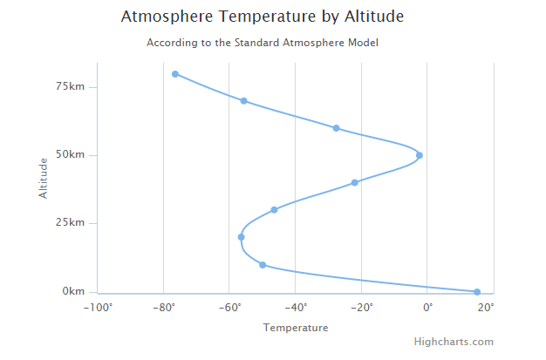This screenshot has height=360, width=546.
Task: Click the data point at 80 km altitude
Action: [175, 74]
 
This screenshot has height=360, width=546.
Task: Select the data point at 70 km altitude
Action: [244, 101]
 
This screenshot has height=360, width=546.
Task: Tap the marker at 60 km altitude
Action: [336, 128]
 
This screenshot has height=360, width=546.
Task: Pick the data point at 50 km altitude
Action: [420, 155]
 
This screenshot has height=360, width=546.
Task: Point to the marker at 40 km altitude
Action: [355, 182]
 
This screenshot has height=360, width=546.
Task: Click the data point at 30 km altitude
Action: [274, 210]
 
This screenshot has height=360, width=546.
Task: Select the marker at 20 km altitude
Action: [241, 237]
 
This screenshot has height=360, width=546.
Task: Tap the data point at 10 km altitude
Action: [263, 264]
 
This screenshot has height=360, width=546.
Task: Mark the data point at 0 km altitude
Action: [477, 292]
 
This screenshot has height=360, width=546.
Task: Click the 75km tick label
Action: [71, 87]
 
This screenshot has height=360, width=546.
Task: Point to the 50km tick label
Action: [71, 155]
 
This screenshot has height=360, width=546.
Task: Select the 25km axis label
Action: [71, 223]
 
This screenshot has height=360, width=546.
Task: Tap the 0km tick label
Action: [74, 291]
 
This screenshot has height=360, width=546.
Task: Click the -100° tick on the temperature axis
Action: [99, 307]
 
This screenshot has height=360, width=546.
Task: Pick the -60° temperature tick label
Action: [229, 307]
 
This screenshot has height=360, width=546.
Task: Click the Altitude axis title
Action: [43, 177]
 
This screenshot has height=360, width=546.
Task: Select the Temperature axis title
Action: [296, 328]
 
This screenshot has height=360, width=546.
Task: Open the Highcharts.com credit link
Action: [454, 343]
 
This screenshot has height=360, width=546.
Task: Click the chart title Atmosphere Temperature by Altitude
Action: [262, 17]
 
